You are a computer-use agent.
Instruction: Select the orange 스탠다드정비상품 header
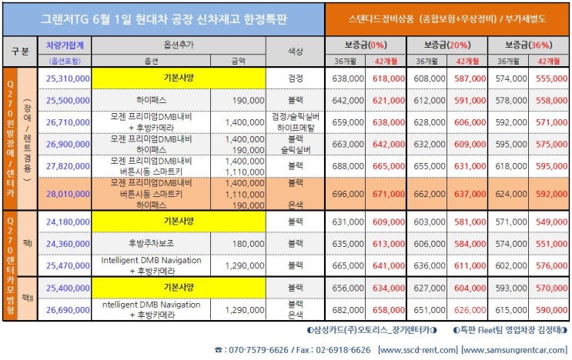[x=447, y=17]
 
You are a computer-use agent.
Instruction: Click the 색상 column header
[x=294, y=51]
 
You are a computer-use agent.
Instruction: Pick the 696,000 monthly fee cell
[x=346, y=195]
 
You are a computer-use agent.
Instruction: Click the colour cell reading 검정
[x=294, y=78]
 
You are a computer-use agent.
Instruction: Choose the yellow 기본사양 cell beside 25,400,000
[x=178, y=288]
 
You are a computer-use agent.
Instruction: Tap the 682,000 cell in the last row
[x=346, y=309]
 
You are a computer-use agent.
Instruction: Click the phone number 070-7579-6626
[x=256, y=348]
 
